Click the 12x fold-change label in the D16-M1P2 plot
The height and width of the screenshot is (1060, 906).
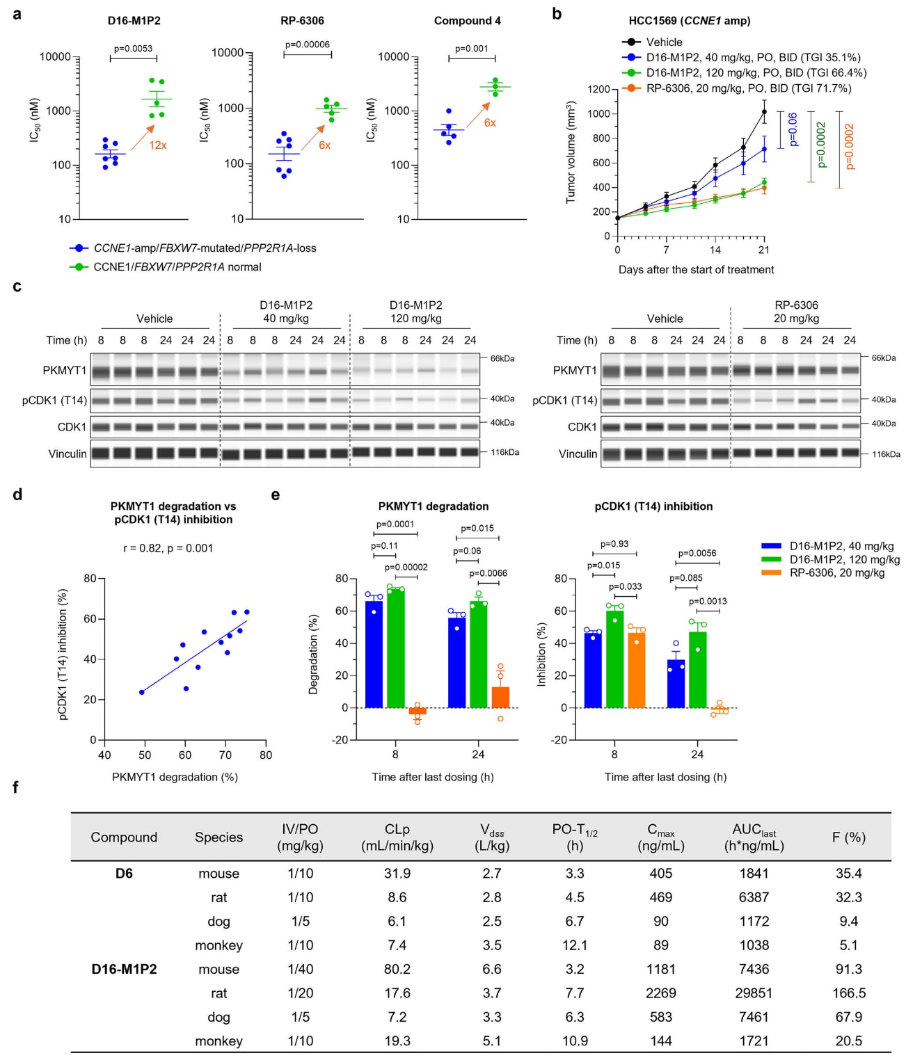coord(158,145)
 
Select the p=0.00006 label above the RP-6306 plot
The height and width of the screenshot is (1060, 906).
coord(307,45)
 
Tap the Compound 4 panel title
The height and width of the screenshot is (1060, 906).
coord(467,21)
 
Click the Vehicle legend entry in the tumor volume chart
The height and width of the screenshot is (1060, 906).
coord(663,42)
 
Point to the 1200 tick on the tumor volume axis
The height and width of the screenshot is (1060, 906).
coord(598,89)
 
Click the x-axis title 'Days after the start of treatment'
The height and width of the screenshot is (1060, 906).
coord(696,270)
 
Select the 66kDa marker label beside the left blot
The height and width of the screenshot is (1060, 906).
coord(502,358)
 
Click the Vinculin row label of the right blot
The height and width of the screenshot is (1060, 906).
coord(578,454)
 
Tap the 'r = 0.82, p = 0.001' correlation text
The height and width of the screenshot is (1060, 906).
coord(168,548)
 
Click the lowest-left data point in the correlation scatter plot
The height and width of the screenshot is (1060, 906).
coord(142,692)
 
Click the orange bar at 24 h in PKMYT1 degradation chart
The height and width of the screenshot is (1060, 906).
coord(500,697)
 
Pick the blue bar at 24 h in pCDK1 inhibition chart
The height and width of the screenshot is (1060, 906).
coord(676,684)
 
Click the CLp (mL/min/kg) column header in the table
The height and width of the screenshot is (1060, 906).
coord(397,837)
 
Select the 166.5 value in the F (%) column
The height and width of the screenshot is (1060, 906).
coord(848,993)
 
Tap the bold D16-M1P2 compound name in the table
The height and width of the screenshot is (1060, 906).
coord(124,969)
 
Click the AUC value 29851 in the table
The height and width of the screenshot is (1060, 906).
coord(754,993)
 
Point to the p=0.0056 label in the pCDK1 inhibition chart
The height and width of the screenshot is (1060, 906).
coord(697,553)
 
